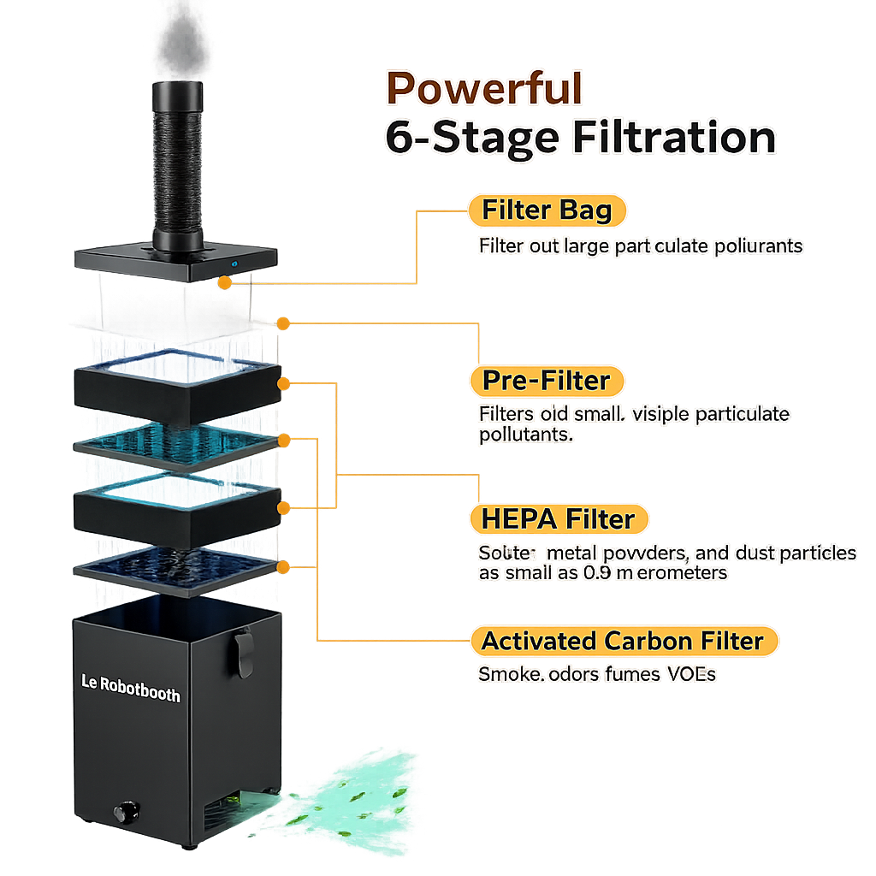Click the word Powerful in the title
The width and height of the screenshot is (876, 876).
click(485, 88)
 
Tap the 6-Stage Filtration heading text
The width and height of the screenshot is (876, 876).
click(580, 138)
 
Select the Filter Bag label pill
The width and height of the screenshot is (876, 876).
click(547, 210)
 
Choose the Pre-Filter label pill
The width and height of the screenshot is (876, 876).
click(547, 381)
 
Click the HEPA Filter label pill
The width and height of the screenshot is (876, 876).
click(559, 519)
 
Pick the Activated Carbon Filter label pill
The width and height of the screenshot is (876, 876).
click(623, 641)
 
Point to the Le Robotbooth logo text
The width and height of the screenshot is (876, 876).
click(130, 688)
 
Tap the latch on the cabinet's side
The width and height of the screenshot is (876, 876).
click(244, 652)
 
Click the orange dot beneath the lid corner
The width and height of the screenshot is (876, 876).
click(224, 281)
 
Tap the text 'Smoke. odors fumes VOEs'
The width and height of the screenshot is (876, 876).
click(596, 674)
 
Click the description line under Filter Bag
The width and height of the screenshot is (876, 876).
click(641, 246)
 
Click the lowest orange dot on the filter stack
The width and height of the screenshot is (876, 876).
click(283, 566)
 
